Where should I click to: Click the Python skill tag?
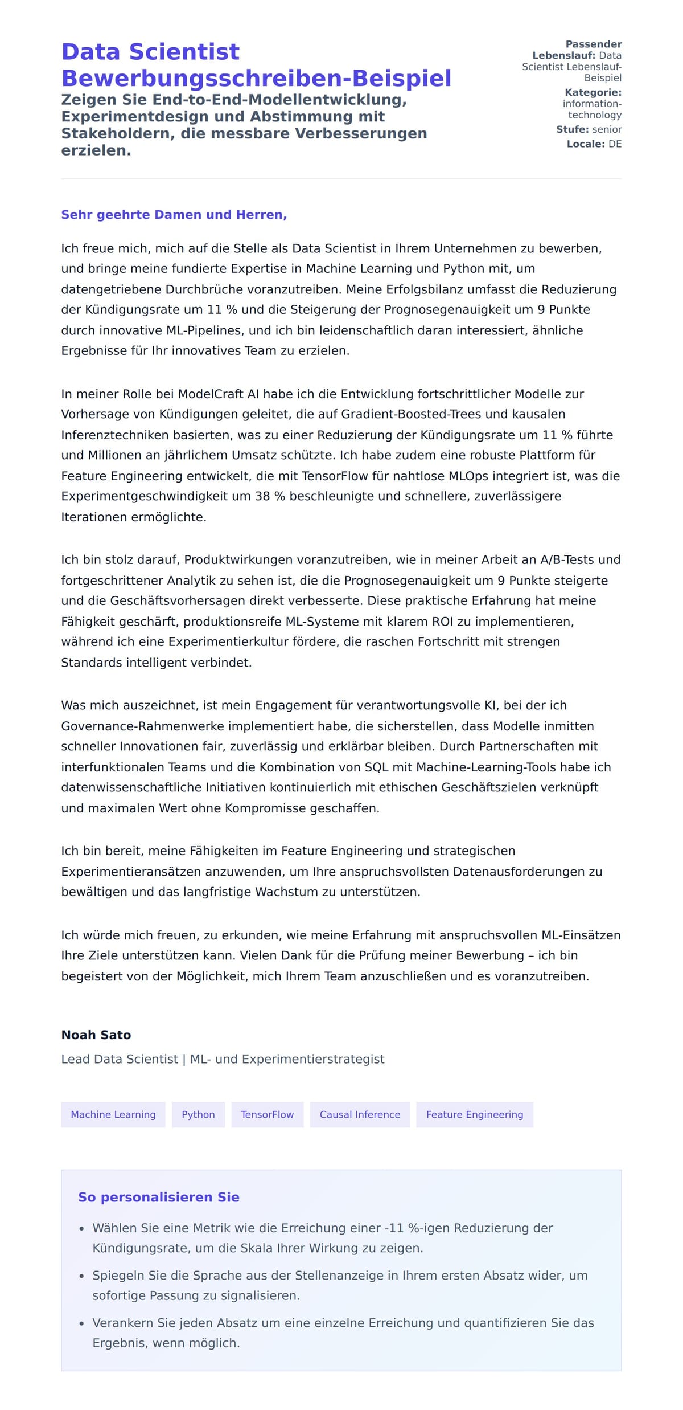coord(198,1114)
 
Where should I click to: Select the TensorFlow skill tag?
coord(267,1114)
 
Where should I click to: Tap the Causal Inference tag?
coord(360,1114)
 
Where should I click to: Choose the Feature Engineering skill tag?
coord(474,1114)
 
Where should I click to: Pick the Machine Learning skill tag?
coord(113,1114)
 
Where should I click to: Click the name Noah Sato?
coord(96,1035)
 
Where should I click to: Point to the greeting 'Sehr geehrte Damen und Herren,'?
coord(174,215)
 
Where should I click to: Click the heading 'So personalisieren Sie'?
coord(158,1197)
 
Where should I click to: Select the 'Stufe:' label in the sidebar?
coord(572,129)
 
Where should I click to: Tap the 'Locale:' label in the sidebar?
coord(585,144)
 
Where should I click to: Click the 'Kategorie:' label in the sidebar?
coord(593,92)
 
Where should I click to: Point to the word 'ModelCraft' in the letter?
coord(211,394)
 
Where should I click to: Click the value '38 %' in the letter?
coord(270,496)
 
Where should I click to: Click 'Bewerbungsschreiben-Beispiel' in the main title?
coord(256,78)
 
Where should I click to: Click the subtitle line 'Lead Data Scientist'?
coord(120,1059)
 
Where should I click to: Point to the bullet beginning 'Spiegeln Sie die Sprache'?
coord(340,1275)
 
